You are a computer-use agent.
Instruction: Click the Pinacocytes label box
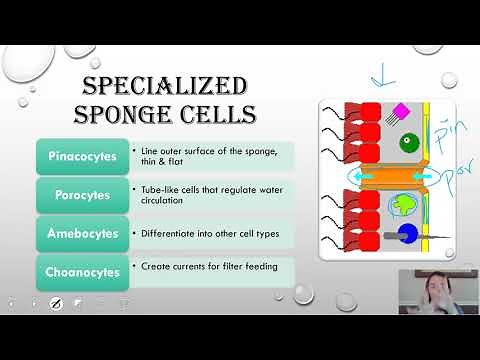tap(83, 155)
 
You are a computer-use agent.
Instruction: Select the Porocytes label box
tap(83, 193)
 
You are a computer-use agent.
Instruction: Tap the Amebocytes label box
tap(83, 232)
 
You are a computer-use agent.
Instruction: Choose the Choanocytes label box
tap(83, 271)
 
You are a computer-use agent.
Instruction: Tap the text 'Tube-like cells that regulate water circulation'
tap(205, 193)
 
